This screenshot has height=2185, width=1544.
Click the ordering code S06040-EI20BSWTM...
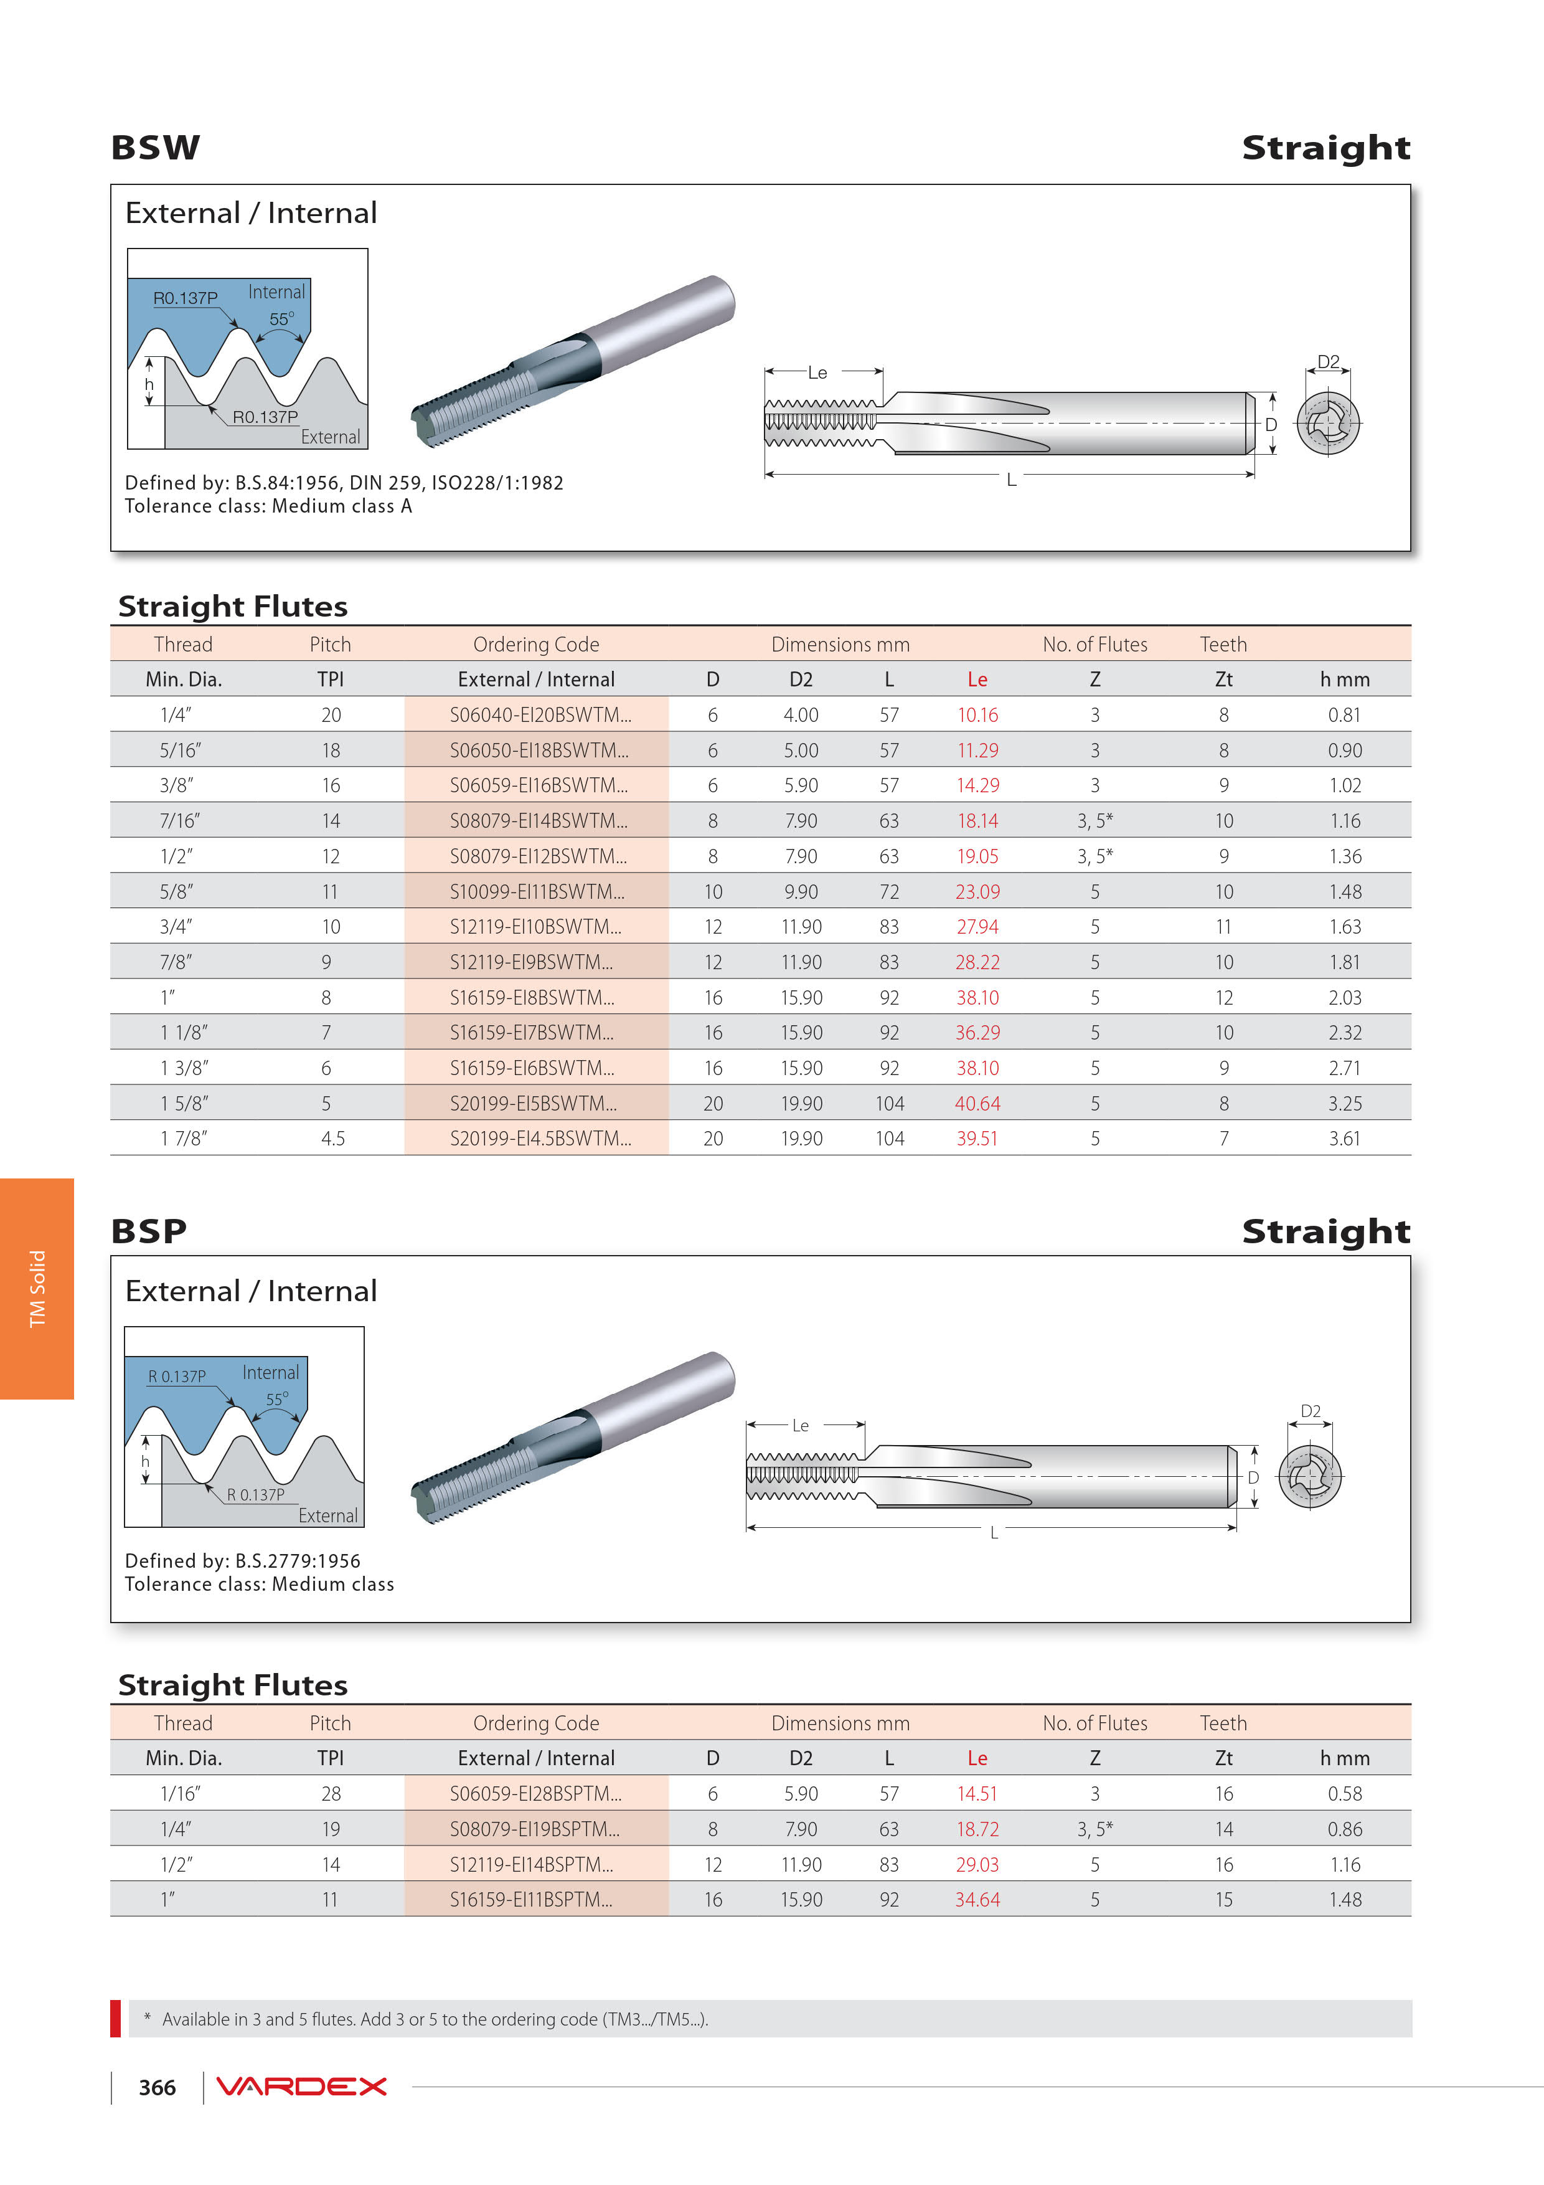[x=539, y=714]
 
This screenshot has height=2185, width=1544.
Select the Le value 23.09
[x=977, y=892]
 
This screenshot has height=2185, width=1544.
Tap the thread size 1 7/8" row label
[x=184, y=1138]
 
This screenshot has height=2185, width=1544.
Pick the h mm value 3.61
[x=1344, y=1138]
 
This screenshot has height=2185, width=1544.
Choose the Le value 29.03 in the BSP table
[x=977, y=1864]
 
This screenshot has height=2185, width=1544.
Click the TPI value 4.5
[x=332, y=1138]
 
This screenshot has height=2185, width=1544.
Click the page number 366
[x=157, y=2088]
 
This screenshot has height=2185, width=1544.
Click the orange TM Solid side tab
[x=37, y=1289]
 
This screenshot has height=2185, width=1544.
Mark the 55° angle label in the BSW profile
[x=281, y=319]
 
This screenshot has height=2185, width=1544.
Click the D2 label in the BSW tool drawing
[x=1328, y=362]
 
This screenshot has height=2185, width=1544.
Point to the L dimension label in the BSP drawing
[x=994, y=1532]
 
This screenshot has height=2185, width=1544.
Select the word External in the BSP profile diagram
[x=328, y=1516]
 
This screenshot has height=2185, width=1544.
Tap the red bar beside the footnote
[x=115, y=2019]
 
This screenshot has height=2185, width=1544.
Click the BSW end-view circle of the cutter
[x=1327, y=422]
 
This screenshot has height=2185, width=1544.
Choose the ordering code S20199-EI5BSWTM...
[x=533, y=1104]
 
